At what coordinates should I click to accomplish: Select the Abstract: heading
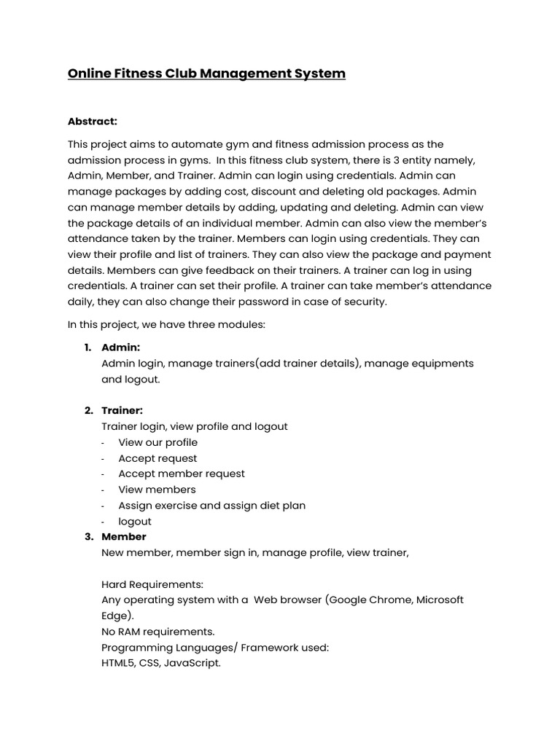pos(93,121)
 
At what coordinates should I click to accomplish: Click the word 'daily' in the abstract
pos(83,301)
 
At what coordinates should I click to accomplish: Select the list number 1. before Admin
pos(88,348)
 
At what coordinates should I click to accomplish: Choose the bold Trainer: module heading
pos(122,411)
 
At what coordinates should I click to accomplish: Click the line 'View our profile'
pos(157,442)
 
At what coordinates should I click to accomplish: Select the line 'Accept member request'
pos(182,474)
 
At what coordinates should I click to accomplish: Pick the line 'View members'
pos(157,490)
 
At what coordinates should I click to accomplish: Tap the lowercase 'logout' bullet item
pos(135,522)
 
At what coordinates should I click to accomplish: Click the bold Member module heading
pos(124,537)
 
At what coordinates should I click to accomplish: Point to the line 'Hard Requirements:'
pos(152,584)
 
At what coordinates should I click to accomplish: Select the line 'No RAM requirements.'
pos(158,632)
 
